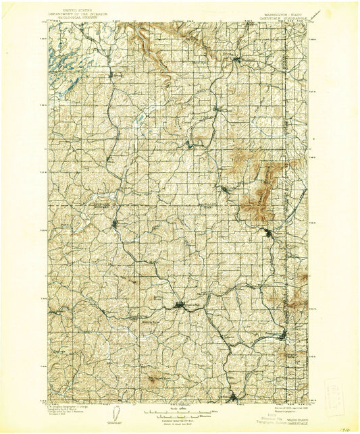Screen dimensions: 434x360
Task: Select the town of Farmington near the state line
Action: pyautogui.click(x=284, y=334)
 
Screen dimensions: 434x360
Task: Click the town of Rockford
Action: pyautogui.click(x=238, y=61)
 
